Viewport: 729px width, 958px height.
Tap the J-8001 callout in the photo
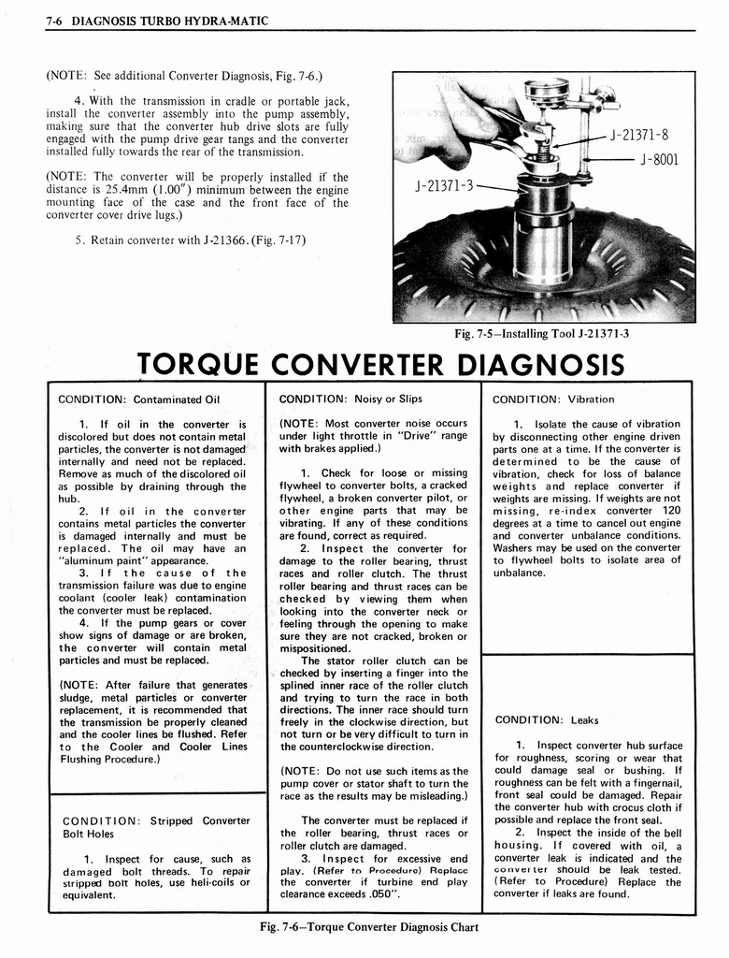(x=658, y=159)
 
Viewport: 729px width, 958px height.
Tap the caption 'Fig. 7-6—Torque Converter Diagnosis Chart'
(x=371, y=928)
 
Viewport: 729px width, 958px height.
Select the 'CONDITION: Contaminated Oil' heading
(x=138, y=399)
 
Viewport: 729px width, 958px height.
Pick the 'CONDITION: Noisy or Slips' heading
(x=350, y=399)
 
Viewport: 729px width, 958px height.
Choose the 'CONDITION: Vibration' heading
(x=551, y=399)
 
